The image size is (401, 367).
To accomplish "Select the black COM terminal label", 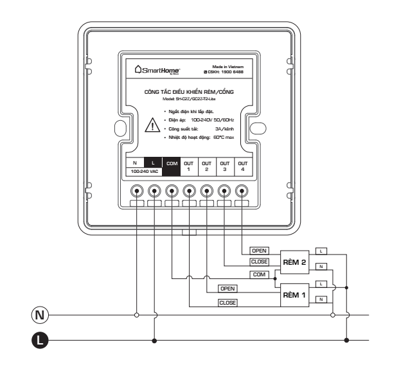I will tap(172, 164).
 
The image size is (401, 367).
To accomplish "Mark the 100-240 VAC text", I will tap(145, 173).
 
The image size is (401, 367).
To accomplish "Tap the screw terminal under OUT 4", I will tap(242, 191).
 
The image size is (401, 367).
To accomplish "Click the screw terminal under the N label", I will tap(136, 191).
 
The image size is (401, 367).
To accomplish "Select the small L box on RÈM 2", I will tap(323, 249).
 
